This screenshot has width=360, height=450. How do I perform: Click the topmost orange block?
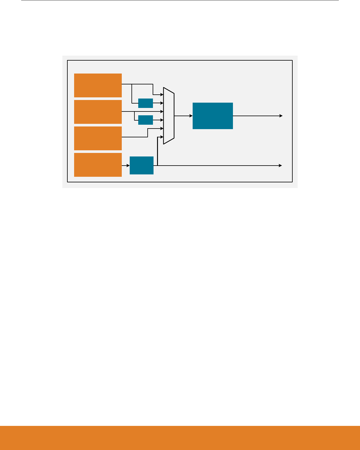pos(98,85)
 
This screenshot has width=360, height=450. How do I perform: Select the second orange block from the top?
pos(98,112)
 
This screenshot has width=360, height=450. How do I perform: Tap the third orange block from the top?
pos(98,138)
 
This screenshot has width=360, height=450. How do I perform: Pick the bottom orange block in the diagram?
pos(98,165)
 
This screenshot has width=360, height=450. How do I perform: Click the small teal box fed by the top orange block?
pos(145,103)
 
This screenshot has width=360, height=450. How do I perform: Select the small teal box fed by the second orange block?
pos(145,120)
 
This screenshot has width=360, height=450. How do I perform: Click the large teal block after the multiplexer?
pos(213,116)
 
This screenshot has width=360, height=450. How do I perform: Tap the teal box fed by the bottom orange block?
pos(141,165)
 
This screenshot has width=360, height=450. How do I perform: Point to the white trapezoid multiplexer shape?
pos(169,116)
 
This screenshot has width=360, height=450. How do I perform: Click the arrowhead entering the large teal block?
pos(191,116)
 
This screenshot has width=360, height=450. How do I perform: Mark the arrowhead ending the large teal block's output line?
pos(281,116)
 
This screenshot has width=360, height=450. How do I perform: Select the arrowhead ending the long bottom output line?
pos(281,166)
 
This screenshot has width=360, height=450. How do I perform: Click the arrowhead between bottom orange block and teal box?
pos(128,166)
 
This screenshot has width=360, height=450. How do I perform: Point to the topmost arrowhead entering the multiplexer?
pos(162,95)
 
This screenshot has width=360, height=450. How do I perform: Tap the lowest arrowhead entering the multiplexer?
pos(162,137)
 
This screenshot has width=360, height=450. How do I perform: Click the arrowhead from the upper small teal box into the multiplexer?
pos(162,103)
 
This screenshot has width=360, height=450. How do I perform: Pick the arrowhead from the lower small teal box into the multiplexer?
pos(162,120)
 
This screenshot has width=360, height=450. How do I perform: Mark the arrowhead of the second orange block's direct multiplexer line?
pos(162,111)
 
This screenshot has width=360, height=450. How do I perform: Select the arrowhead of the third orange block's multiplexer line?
pos(162,129)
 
